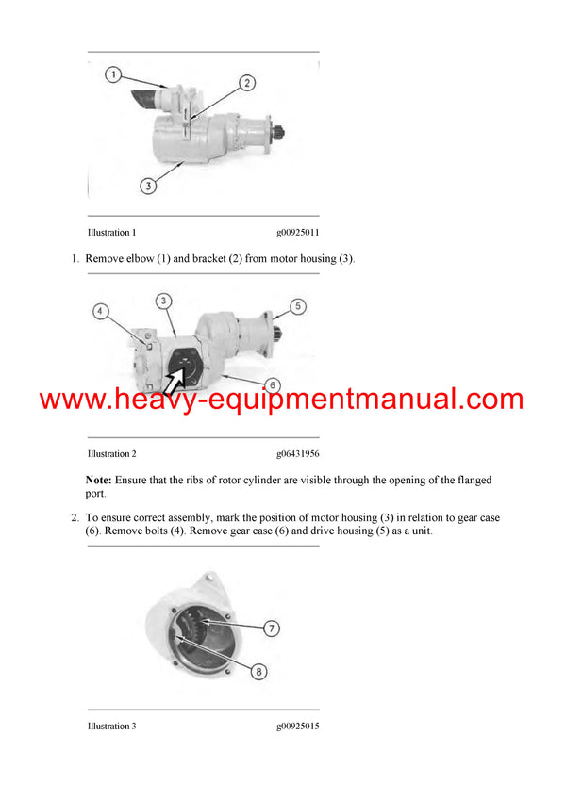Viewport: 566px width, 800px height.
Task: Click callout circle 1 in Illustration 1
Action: click(112, 74)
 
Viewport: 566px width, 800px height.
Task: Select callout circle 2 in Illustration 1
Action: click(246, 83)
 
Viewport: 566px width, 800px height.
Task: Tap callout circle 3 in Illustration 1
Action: click(148, 187)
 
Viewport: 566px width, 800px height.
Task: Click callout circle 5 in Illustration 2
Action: click(297, 306)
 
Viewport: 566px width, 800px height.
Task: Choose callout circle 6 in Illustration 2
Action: click(272, 384)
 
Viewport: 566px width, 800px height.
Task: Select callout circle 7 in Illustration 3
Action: click(271, 628)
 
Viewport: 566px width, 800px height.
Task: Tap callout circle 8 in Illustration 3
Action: click(258, 672)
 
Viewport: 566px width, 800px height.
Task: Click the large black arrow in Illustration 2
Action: click(176, 379)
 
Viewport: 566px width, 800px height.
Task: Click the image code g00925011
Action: click(297, 233)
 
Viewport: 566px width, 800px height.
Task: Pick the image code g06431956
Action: click(297, 454)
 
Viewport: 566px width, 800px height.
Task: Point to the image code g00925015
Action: click(297, 727)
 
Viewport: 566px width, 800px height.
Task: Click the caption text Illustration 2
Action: click(111, 454)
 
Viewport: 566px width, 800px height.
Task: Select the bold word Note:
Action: click(100, 481)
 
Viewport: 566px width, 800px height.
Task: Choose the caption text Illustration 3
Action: click(111, 727)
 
